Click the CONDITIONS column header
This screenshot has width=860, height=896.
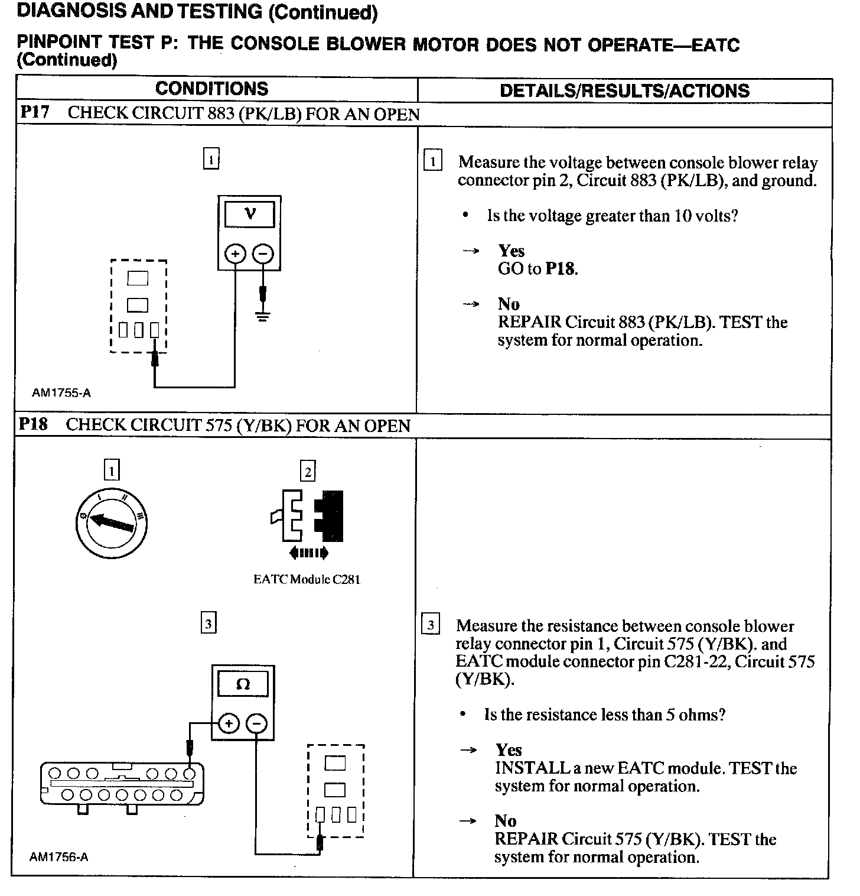pos(211,89)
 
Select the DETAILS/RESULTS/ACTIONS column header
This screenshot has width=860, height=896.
pos(624,90)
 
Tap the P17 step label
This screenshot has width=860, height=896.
pos(35,112)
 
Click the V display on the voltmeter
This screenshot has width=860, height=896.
pos(249,214)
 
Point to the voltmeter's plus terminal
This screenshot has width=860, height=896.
pos(235,254)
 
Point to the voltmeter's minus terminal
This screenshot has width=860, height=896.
pos(263,254)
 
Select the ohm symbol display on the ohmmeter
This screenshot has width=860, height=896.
pos(243,684)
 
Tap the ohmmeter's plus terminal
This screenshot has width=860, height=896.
pos(229,723)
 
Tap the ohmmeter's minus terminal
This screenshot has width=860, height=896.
pos(256,723)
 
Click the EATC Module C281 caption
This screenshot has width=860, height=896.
pos(307,579)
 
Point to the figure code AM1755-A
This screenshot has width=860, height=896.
pos(61,393)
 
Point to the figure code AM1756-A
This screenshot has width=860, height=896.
pos(59,856)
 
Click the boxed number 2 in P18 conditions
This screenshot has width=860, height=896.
pos(308,472)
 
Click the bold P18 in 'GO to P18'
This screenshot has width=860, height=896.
pos(561,269)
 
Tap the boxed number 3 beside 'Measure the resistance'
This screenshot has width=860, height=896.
pos(431,625)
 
